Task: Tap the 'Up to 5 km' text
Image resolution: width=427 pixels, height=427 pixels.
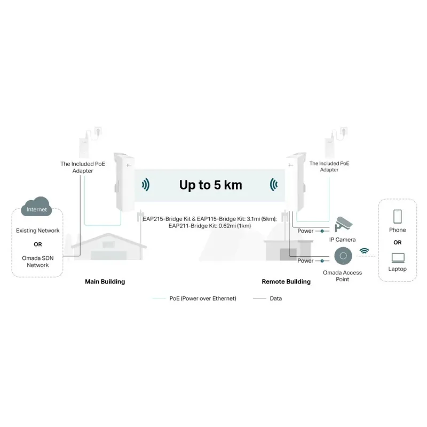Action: pos(210,185)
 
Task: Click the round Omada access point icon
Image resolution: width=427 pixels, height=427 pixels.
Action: pos(342,256)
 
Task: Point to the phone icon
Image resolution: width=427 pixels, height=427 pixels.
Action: pos(397,216)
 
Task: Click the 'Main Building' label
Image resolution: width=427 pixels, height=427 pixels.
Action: pos(105,281)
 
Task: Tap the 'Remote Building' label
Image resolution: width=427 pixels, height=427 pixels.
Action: pos(286,281)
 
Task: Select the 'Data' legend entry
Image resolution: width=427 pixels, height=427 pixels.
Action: pos(275,298)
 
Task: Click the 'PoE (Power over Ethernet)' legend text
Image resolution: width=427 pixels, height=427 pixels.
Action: pos(203,298)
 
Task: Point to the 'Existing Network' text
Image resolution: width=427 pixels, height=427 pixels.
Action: pos(38,231)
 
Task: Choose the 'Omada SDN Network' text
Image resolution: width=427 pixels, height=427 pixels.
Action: pos(38,262)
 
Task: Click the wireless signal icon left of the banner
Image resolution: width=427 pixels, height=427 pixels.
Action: pos(145,185)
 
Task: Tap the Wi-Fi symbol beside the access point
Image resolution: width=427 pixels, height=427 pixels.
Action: pos(365,250)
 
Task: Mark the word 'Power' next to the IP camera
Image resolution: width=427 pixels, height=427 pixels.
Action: pos(305,231)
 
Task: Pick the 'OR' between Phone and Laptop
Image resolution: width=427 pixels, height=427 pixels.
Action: pos(397,242)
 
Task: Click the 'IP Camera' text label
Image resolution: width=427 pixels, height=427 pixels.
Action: pos(342,240)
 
